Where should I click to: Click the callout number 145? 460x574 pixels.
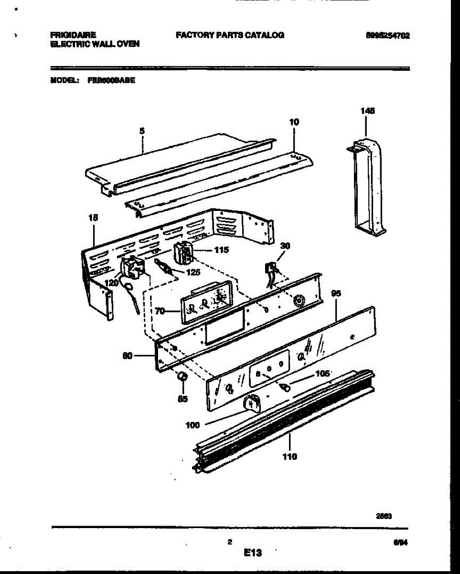coord(367,111)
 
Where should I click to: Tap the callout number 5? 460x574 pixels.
coord(142,131)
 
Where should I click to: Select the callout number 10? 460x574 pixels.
coord(294,122)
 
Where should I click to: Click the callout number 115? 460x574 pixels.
coord(222,250)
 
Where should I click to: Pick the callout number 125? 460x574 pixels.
coord(193,273)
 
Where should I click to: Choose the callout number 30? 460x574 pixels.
coord(286,246)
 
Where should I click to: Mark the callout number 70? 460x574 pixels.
coord(160,311)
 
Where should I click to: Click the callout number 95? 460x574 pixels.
coord(336,294)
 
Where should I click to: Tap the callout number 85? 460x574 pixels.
coord(182,399)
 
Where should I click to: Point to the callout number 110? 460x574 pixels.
coord(290,456)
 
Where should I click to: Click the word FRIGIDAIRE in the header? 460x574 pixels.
coord(73,35)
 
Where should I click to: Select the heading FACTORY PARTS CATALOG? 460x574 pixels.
coord(230,35)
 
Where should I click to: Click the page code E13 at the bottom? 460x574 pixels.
coord(253,553)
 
